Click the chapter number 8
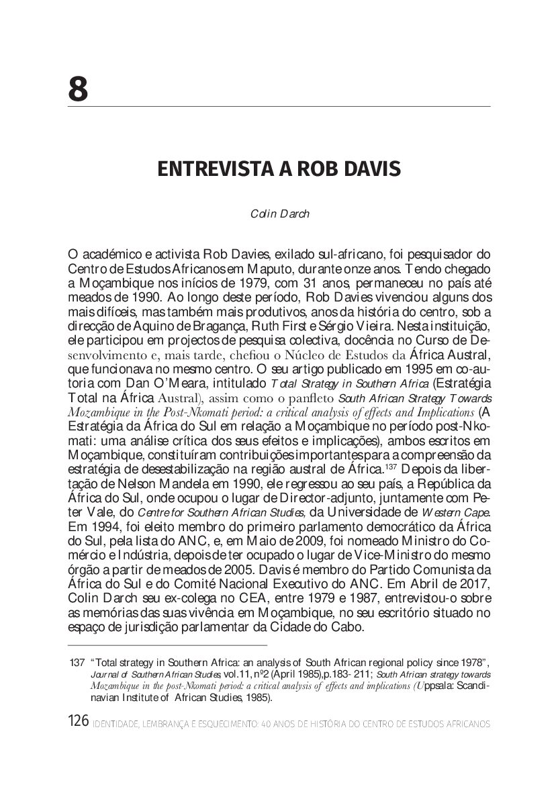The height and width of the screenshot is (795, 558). click(78, 89)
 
